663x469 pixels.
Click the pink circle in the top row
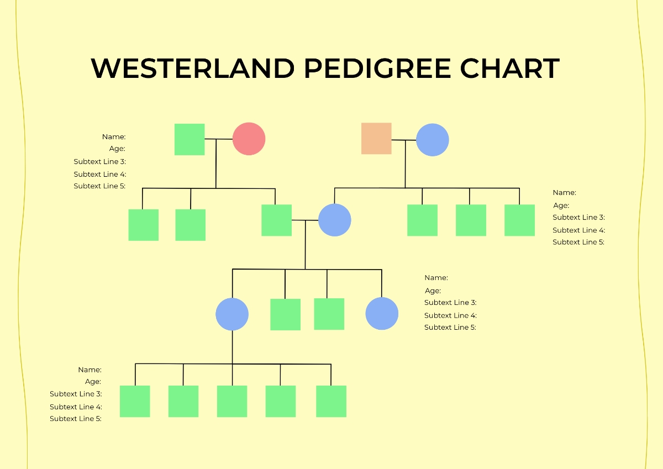coord(249,139)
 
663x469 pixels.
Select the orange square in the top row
coord(376,139)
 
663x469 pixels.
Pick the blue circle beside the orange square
coord(432,140)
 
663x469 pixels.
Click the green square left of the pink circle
coord(190,139)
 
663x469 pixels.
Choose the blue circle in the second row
coord(334,220)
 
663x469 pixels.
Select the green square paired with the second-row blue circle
coord(276,220)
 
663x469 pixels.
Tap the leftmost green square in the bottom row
coord(135,401)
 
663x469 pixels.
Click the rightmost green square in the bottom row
coord(331,401)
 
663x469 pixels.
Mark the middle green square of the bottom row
coord(232,401)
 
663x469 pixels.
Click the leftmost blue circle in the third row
coord(232,314)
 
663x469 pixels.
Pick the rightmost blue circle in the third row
coord(382,314)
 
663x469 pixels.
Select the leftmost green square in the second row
coord(143,225)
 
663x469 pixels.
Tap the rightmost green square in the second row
coord(519,220)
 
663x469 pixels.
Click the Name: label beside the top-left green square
coord(114,136)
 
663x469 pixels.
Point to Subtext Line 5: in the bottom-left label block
coord(76,419)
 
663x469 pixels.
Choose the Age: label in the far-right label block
coord(561,205)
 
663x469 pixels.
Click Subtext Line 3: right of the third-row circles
coord(450,303)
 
